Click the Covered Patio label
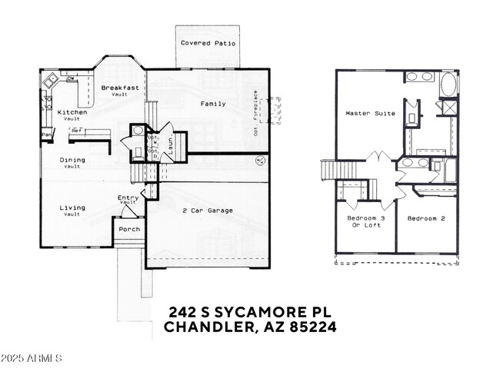pos(208,44)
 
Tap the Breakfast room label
pos(120,88)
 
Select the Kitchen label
pos(72,112)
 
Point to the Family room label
pos(213,103)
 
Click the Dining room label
pos(72,160)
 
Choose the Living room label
pos(72,208)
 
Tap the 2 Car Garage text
pos(208,210)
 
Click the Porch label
pos(127,229)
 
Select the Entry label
pos(128,198)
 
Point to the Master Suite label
pos(370,113)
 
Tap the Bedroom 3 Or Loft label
pos(365,221)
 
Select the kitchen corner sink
pos(51,80)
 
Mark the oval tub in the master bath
pos(448,83)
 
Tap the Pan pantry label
pos(46,136)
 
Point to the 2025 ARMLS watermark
pos(32,359)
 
